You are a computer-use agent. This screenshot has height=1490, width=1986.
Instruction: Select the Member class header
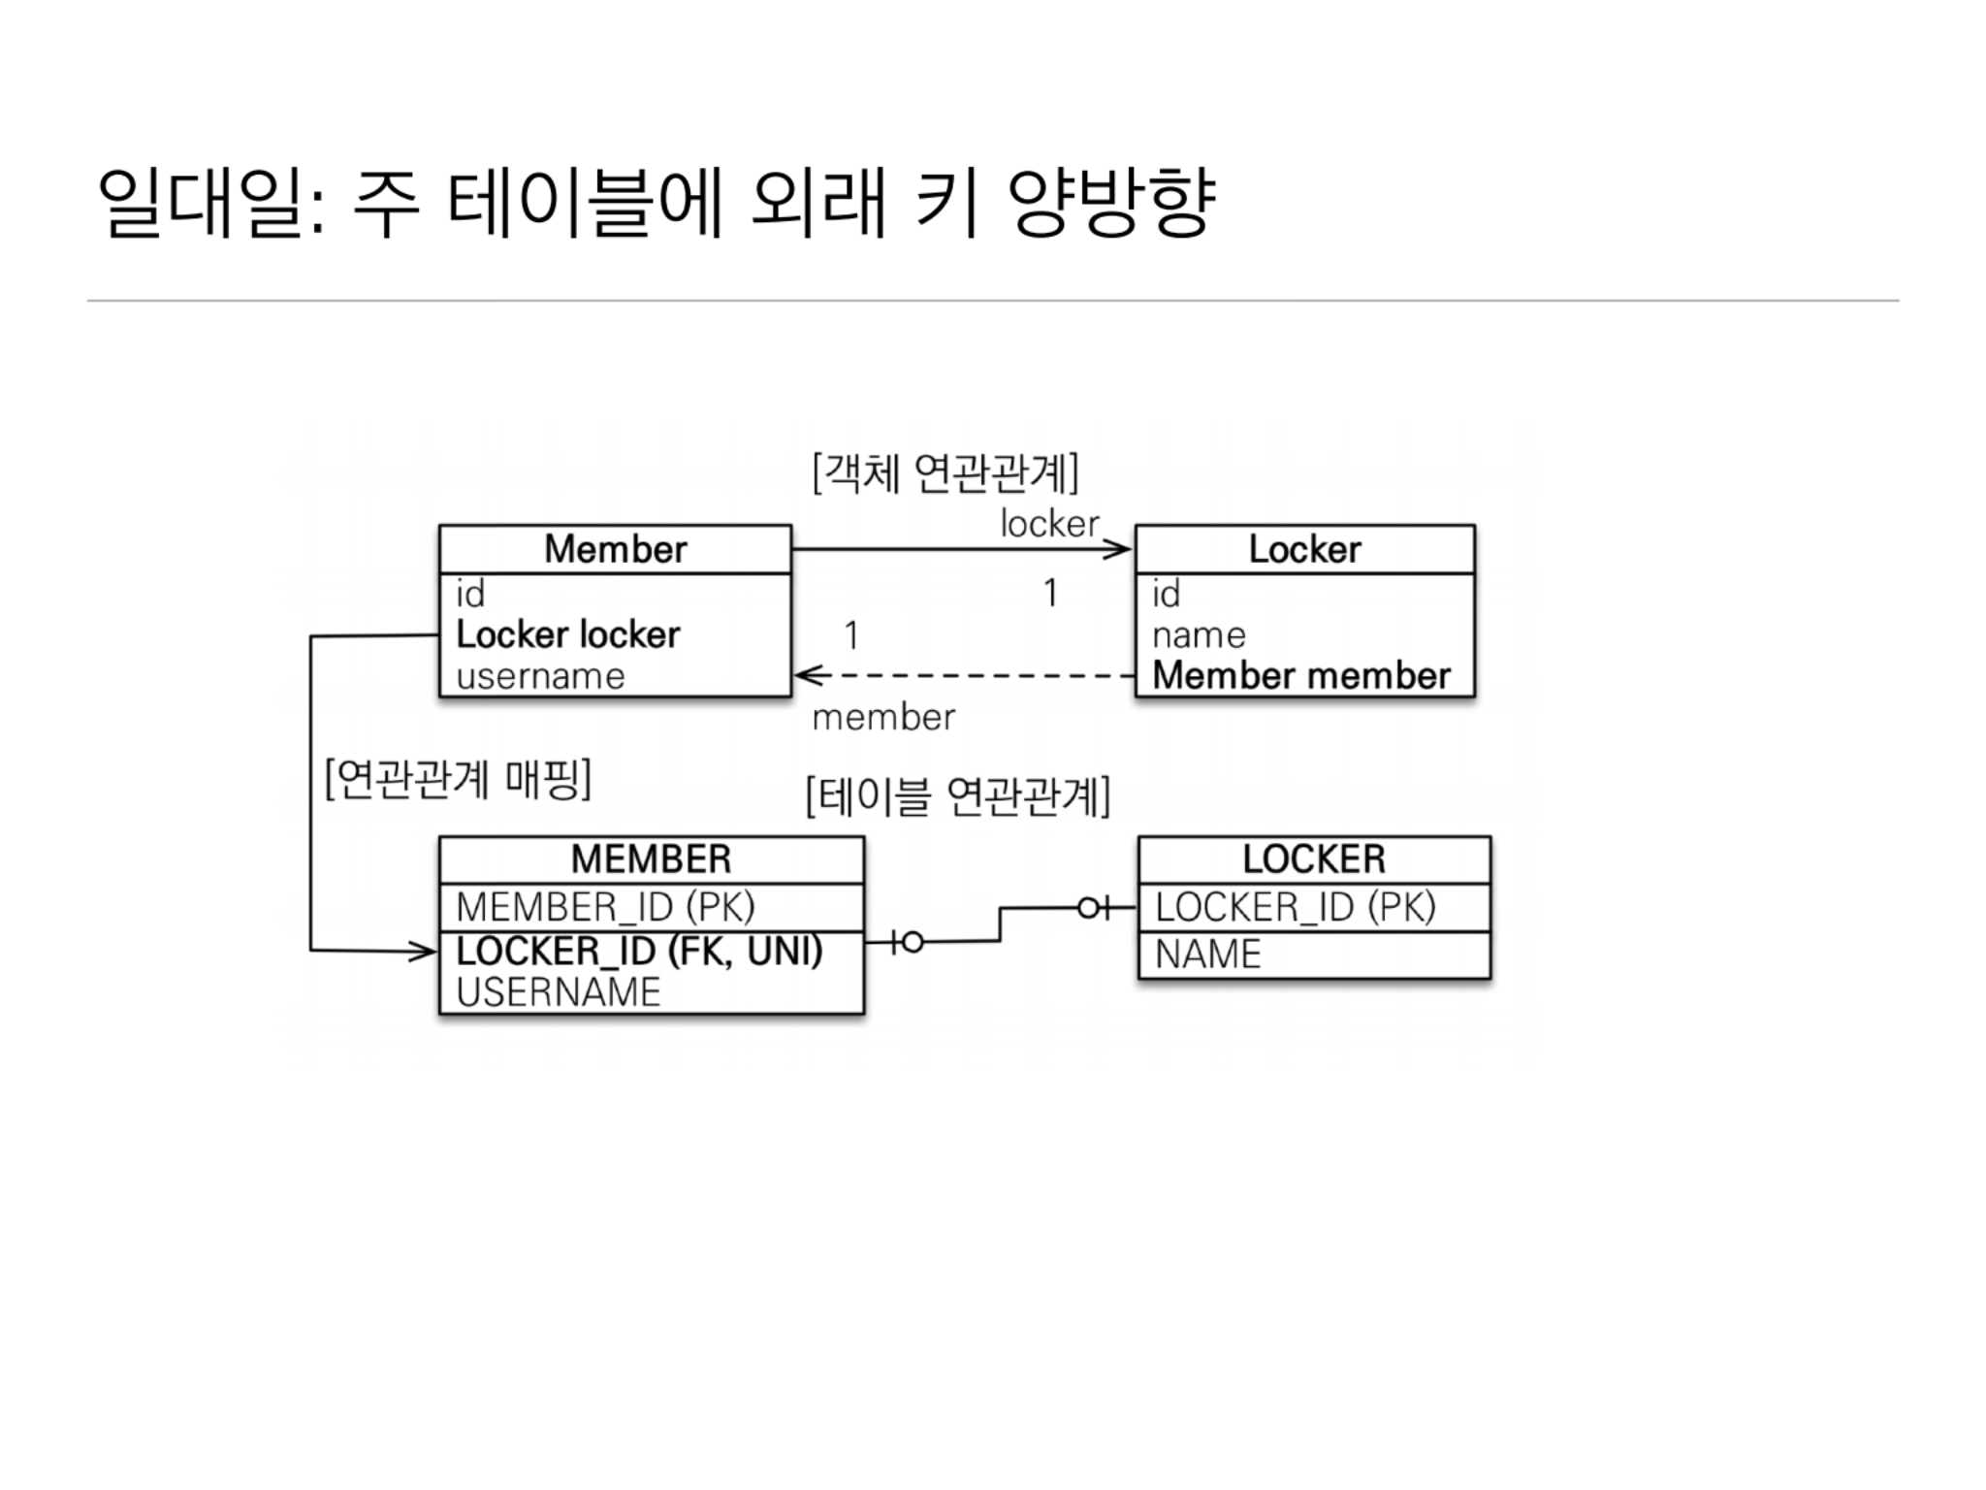pos(615,549)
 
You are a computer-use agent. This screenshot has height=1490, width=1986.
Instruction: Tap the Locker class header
pos(1304,549)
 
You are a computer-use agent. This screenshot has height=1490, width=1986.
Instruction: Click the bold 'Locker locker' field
pos(568,634)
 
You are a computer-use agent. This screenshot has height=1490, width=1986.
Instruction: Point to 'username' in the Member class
pos(540,676)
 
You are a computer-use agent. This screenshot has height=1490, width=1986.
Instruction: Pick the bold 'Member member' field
pos(1301,675)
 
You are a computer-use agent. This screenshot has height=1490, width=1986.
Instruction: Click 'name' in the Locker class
pos(1199,634)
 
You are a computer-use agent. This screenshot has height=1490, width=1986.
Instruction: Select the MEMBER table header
pos(651,859)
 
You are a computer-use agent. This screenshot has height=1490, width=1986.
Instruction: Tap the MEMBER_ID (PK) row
pos(605,907)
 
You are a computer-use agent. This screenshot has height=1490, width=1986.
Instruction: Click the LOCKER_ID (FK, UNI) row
pos(639,951)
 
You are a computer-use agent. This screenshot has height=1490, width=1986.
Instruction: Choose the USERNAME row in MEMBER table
pos(559,992)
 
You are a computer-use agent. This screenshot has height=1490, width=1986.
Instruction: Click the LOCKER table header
pos(1314,859)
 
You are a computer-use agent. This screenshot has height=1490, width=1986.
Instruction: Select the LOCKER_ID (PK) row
pos(1295,907)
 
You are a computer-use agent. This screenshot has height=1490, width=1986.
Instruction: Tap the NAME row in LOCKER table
pos(1208,955)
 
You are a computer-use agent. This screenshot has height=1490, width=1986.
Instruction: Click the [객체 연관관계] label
pos(945,473)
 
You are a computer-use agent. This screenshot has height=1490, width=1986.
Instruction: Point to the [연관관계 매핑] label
pos(459,779)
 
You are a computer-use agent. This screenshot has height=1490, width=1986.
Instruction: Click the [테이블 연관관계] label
pos(958,797)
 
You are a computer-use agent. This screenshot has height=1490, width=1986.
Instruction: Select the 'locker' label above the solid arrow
pos(1049,525)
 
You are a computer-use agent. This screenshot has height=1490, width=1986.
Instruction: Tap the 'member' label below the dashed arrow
pos(883,718)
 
